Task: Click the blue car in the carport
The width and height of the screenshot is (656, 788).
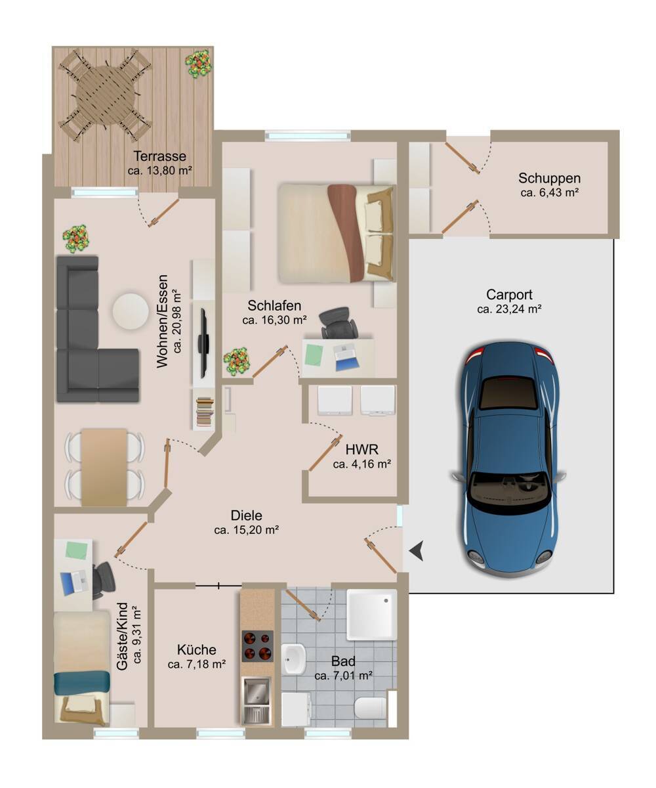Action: point(508,458)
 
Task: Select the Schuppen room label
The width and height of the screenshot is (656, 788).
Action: point(549,178)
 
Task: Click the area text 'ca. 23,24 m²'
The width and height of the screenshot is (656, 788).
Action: point(509,309)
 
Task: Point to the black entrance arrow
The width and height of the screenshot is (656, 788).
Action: point(417,551)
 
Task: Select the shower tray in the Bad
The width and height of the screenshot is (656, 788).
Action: point(372,615)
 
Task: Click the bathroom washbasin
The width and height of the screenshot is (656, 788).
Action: point(295,659)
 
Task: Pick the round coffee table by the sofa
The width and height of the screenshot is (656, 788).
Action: point(131,311)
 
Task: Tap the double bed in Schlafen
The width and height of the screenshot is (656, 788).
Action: point(337,233)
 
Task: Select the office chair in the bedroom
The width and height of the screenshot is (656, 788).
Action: point(338,322)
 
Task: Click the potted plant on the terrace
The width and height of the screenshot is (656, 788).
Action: point(198,64)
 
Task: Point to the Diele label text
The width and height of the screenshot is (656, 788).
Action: point(246,515)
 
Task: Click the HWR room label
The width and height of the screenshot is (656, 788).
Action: point(362,449)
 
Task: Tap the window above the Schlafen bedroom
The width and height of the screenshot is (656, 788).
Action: point(307,135)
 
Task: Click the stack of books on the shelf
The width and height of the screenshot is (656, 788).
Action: point(205,412)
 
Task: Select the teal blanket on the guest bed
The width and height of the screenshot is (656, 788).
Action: point(82,682)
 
